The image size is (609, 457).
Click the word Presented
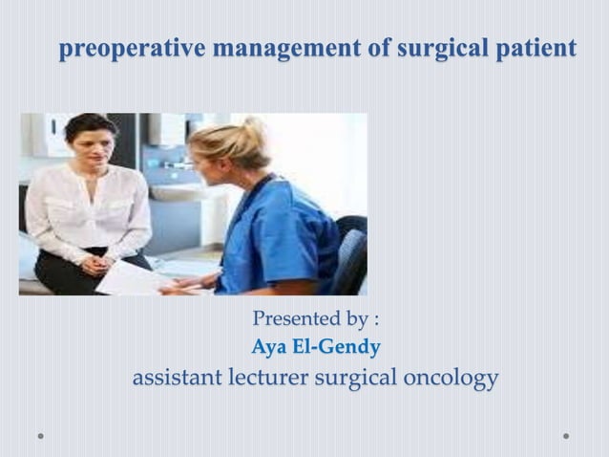(x=297, y=318)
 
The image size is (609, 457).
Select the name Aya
(x=269, y=347)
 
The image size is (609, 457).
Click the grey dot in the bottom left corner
(x=40, y=436)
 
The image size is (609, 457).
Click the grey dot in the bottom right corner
(x=566, y=436)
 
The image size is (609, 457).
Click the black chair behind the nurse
(x=351, y=253)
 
